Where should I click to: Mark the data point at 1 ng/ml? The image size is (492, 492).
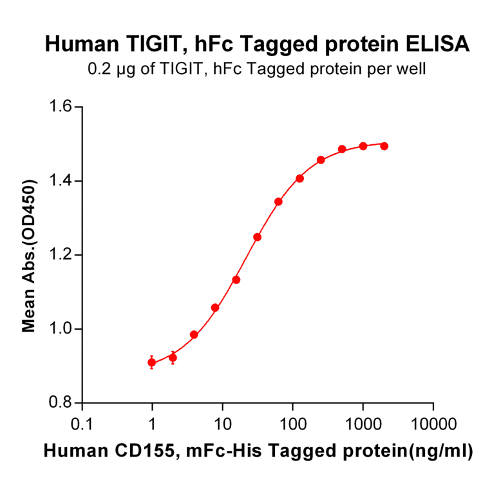[x=152, y=363]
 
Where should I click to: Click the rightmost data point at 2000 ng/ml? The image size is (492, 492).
[x=384, y=146]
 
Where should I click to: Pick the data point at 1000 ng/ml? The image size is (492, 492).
[x=363, y=146]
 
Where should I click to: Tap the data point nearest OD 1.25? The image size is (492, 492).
[x=258, y=237]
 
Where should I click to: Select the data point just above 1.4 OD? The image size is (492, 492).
[x=299, y=178]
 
